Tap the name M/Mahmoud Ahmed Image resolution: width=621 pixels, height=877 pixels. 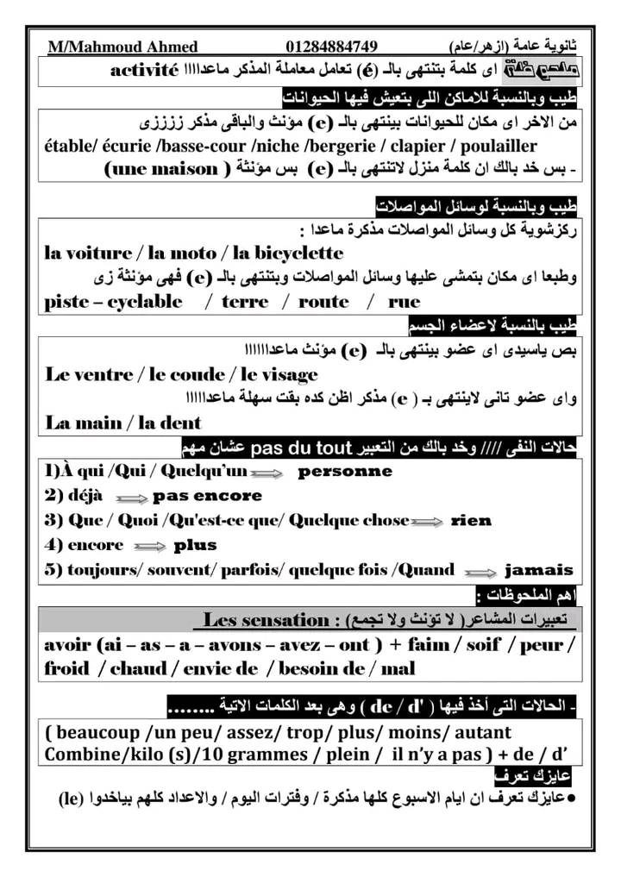point(122,47)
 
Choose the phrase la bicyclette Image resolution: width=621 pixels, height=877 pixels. point(288,254)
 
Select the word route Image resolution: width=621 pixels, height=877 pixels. point(323,302)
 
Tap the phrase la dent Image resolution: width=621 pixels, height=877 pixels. point(172,423)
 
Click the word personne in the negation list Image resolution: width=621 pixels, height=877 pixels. point(345,472)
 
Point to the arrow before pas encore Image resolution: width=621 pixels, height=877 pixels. point(131,498)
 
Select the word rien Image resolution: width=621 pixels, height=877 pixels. point(471,521)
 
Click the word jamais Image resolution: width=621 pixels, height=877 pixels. point(538,570)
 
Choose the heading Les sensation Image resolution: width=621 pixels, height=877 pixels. point(267,620)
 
